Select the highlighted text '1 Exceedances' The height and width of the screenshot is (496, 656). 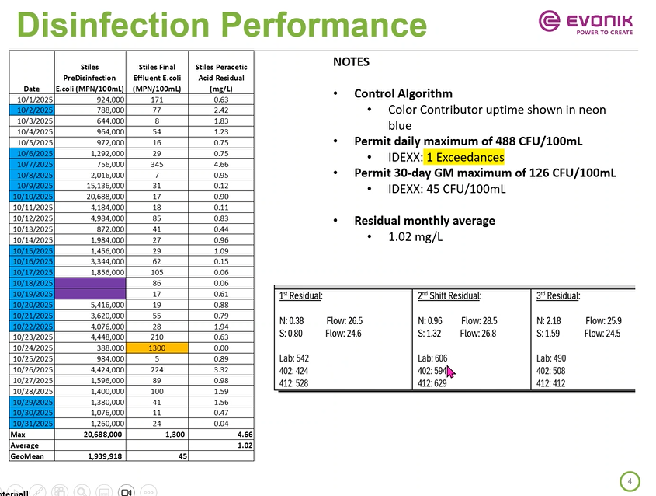coord(465,157)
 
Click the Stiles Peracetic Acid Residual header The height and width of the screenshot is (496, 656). coord(220,78)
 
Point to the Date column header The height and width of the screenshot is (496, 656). coord(31,88)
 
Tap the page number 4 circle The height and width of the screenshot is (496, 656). coord(630,481)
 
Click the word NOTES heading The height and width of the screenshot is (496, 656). coord(351,62)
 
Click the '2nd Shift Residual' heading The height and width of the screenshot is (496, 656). coord(449,295)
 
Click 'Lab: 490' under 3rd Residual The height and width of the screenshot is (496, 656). coord(551,358)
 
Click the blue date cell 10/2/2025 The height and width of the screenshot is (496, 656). coord(31,110)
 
